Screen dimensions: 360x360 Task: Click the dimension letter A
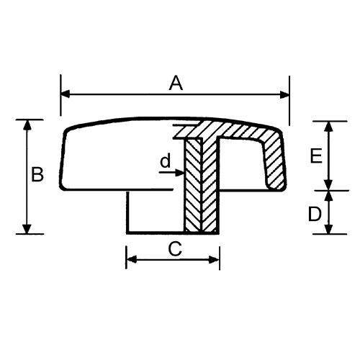coord(175,84)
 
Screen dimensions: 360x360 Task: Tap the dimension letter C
coord(174,249)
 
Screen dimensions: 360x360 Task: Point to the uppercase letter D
coord(314,214)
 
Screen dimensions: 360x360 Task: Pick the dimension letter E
coord(314,156)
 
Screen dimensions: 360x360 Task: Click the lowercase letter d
coord(165,162)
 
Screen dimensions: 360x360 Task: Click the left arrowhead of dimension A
coord(65,94)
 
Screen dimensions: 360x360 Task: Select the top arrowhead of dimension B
coord(28,125)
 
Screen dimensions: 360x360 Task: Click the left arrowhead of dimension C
coord(131,258)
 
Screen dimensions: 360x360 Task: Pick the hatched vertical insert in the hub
coord(201,187)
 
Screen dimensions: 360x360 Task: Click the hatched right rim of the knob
coord(276,162)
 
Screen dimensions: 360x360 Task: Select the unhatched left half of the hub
coord(155,212)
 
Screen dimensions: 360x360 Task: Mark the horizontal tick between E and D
coord(329,190)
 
